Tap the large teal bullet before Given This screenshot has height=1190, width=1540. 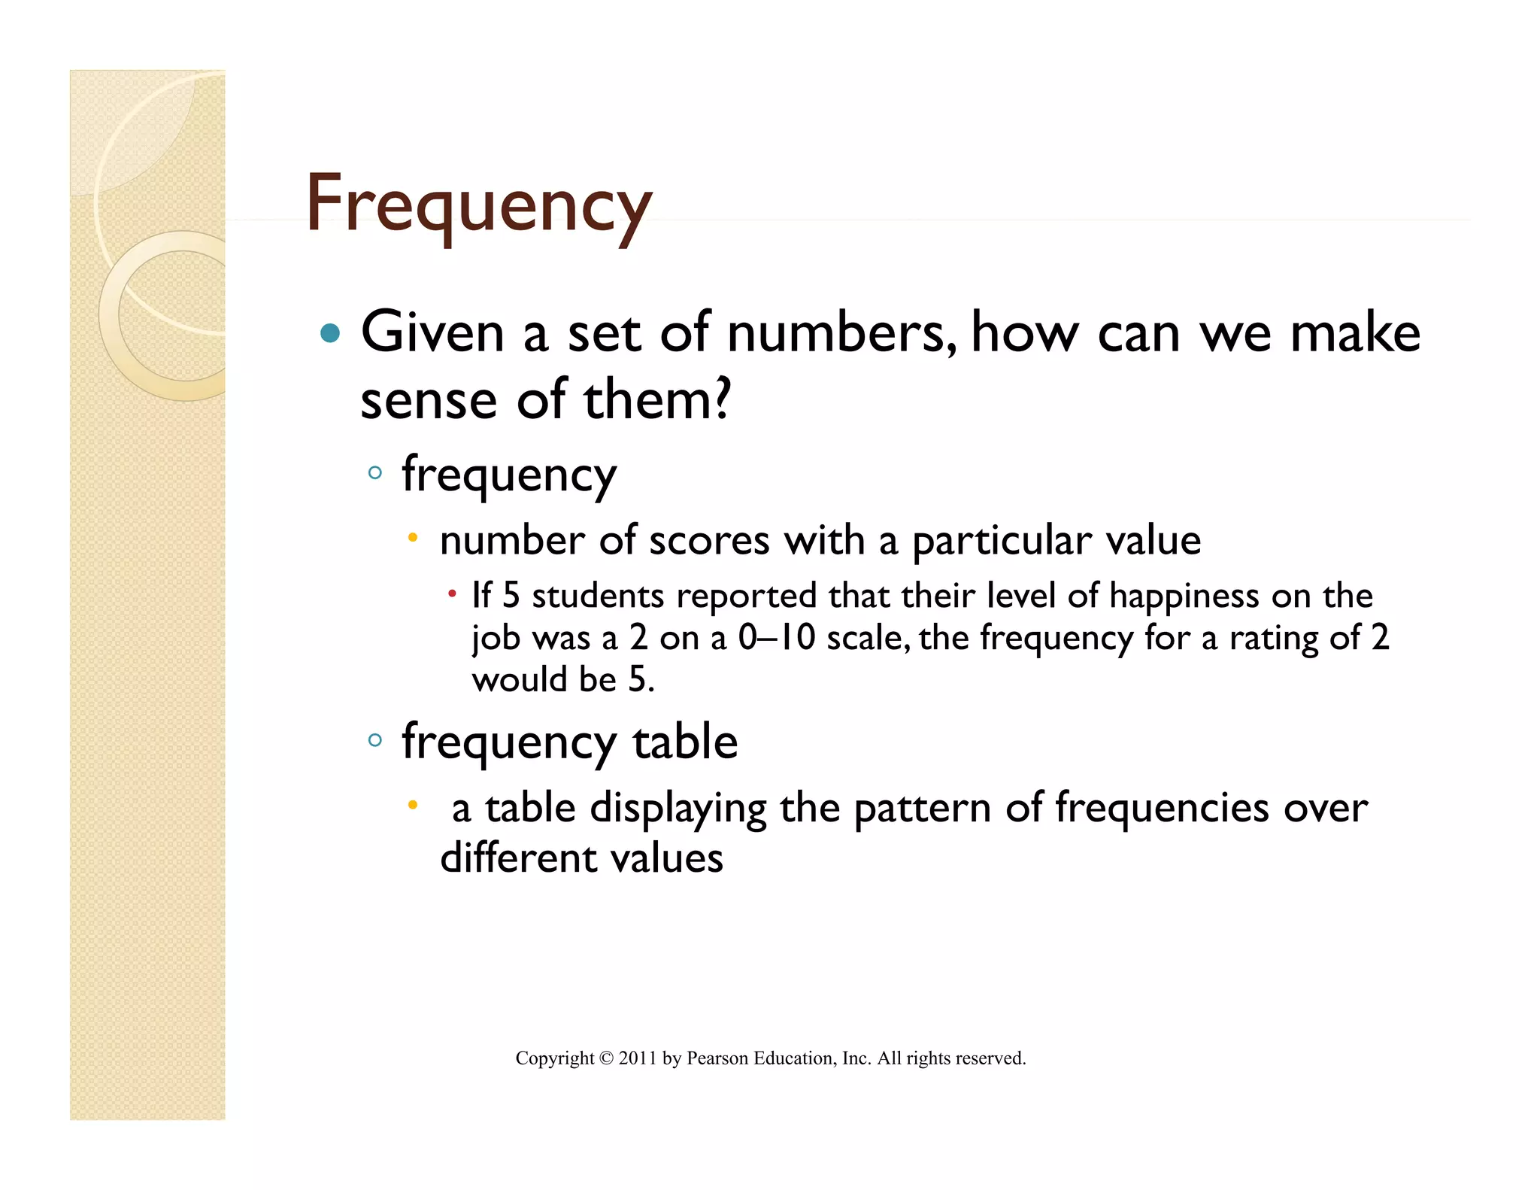point(329,333)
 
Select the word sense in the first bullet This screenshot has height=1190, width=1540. point(429,399)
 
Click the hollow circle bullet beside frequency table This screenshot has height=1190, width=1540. point(375,740)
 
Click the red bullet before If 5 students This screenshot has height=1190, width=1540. point(452,595)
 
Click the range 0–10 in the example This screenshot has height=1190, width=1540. point(776,638)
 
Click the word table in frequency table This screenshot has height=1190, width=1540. point(685,742)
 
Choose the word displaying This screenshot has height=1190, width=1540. point(678,809)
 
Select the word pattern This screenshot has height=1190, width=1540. point(923,809)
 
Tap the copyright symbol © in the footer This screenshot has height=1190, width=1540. point(606,1058)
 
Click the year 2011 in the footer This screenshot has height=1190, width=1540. point(638,1058)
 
